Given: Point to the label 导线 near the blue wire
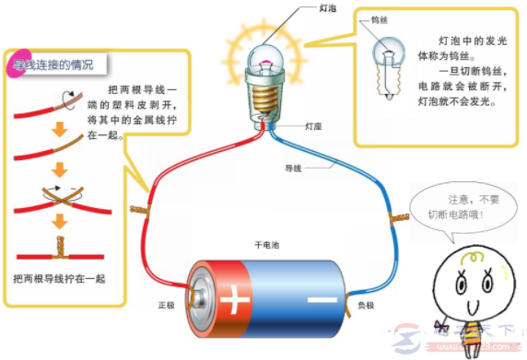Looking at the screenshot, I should pyautogui.click(x=294, y=168).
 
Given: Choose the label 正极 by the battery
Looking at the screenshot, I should pyautogui.click(x=166, y=303).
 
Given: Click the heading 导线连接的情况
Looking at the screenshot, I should pyautogui.click(x=54, y=66).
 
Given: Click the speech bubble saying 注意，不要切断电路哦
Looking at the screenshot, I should pyautogui.click(x=451, y=206).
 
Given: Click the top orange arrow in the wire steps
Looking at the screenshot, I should pyautogui.click(x=59, y=130).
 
